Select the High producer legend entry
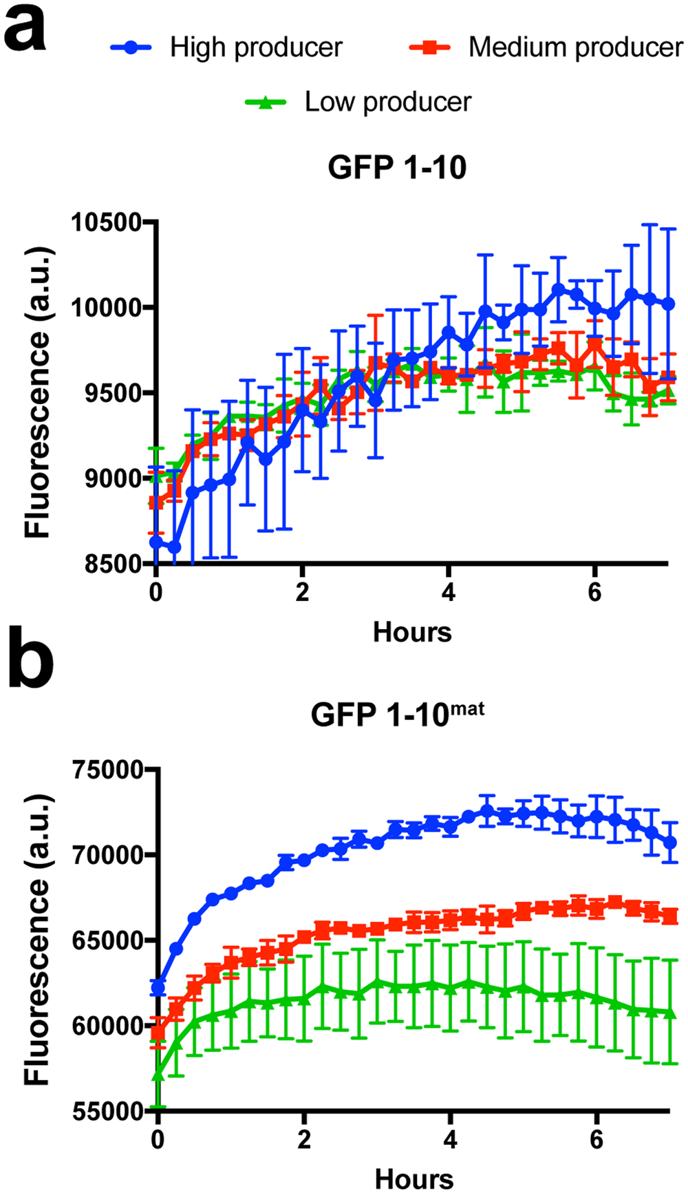[255, 47]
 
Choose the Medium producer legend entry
[574, 47]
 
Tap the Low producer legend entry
[387, 103]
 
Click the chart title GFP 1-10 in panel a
[397, 168]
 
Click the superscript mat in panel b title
[468, 709]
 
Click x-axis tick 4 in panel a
[448, 592]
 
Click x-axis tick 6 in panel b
[596, 1139]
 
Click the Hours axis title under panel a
[412, 632]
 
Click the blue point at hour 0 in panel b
[158, 989]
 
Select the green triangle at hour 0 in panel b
[158, 1074]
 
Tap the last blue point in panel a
[668, 304]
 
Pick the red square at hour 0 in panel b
[158, 1032]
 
